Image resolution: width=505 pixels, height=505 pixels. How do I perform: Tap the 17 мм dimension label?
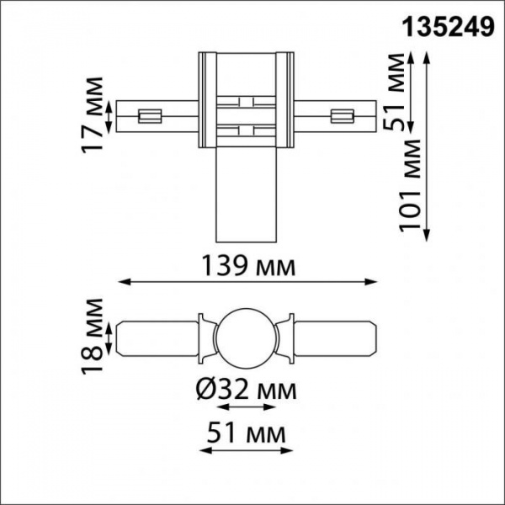click(x=94, y=114)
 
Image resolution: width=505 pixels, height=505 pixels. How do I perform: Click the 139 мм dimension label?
click(x=248, y=267)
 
